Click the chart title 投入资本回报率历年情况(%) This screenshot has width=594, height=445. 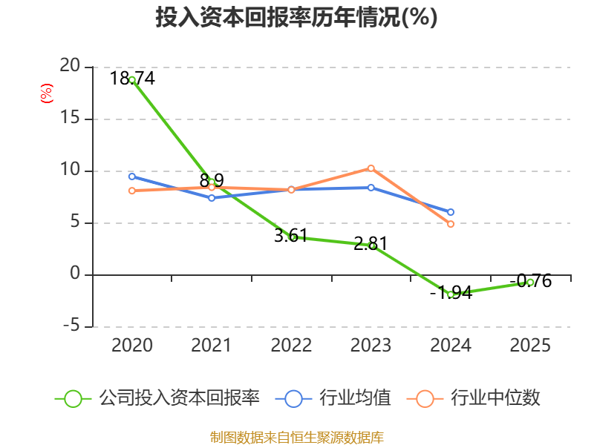296,17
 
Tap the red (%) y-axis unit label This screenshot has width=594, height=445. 47,93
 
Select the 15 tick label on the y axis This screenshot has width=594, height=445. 70,118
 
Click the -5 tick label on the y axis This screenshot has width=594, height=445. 71,325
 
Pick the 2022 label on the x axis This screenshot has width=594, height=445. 291,345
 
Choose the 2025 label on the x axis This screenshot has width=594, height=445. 530,345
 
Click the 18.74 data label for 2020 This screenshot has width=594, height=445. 132,79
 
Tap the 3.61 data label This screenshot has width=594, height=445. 290,236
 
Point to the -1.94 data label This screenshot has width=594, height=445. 451,292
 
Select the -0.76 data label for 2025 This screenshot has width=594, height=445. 530,281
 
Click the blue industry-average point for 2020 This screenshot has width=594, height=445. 132,177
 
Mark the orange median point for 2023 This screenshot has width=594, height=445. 371,168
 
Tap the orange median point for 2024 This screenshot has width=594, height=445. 451,224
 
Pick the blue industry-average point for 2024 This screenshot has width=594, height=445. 451,212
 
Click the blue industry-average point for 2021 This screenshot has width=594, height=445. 212,198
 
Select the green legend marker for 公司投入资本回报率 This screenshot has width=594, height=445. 73,399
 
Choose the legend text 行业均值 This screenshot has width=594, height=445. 355,398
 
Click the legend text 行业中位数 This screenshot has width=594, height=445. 495,398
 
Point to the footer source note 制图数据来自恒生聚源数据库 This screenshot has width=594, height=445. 297,438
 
